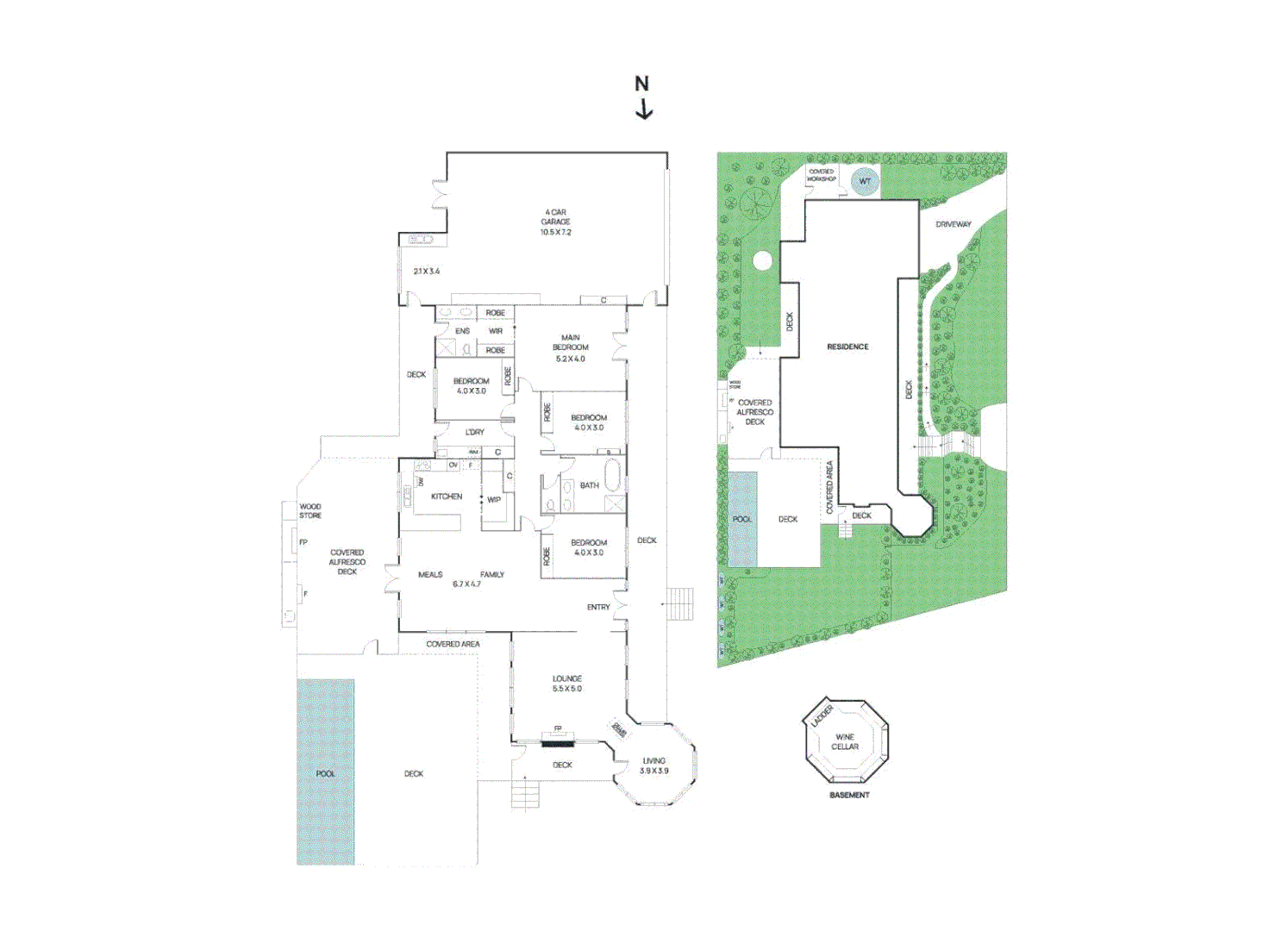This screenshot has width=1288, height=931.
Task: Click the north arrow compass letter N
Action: pos(641,84)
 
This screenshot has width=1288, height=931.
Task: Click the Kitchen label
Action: pos(447,497)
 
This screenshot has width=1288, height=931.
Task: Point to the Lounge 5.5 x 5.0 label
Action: pos(567,684)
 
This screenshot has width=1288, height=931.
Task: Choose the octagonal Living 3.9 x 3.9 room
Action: pos(654,765)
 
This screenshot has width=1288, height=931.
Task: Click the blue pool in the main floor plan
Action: pos(326,772)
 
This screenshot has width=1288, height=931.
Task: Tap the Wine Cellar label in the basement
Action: pos(845,741)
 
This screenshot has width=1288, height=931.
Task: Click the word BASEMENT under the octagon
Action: pos(849,795)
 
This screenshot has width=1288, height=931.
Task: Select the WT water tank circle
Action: pos(865,181)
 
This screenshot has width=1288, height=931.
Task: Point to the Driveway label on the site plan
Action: pos(953,224)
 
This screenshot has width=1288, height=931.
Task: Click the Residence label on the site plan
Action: pos(847,347)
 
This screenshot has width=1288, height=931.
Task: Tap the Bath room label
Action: pos(590,485)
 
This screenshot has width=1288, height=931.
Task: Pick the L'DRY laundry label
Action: pos(475,432)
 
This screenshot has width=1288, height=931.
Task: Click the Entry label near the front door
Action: pos(598,607)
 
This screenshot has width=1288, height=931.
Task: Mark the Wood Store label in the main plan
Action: pos(310,511)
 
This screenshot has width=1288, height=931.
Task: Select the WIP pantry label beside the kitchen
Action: pos(494,499)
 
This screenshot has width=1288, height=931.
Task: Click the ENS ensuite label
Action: pos(463,331)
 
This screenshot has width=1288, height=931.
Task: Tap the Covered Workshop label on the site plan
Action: pos(822,175)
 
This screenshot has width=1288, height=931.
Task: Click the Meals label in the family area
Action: pos(430,574)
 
